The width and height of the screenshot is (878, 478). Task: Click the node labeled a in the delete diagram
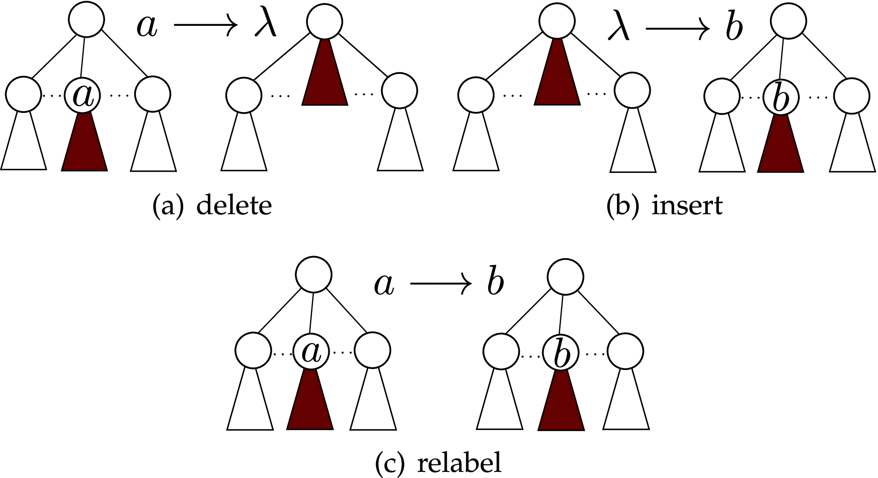83,95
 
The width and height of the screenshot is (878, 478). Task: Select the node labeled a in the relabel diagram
311,351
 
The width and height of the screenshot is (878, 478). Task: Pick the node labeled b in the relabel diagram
561,353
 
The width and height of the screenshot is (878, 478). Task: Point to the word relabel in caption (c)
459,463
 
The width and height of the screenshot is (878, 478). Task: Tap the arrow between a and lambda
206,25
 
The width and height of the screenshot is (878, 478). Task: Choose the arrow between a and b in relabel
441,284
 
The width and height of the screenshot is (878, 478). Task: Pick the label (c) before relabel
390,464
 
